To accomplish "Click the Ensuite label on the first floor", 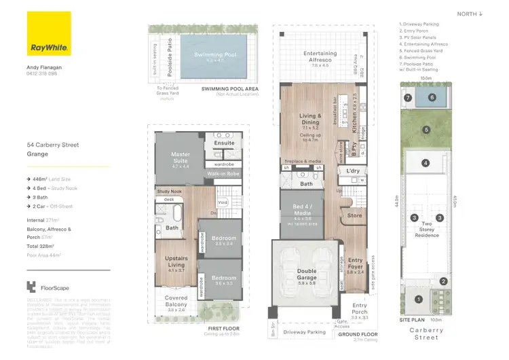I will click(x=224, y=143).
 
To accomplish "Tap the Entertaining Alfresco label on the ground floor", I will click(x=320, y=56).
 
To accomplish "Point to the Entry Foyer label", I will click(x=356, y=264).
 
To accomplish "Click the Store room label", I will click(x=355, y=216).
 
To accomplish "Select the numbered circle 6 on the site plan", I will click(x=432, y=98).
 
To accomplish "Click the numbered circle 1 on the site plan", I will click(x=418, y=299).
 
